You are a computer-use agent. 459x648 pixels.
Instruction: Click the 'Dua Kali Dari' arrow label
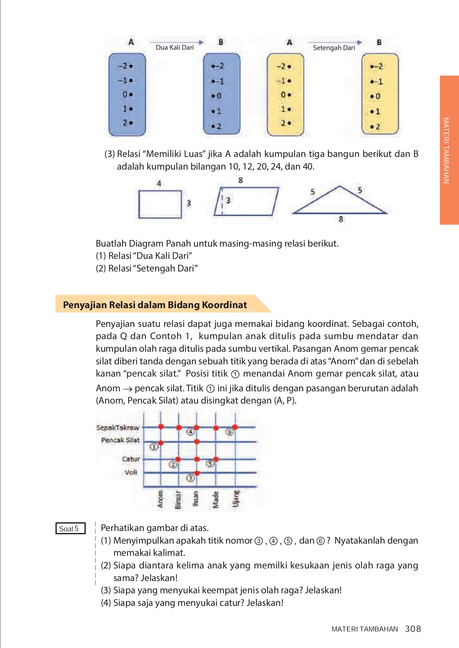[x=175, y=48]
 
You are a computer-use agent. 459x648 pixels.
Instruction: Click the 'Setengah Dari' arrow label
[x=334, y=48]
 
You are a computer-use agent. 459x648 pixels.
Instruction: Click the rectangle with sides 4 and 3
[x=160, y=204]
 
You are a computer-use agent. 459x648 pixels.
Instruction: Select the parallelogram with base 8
[x=247, y=201]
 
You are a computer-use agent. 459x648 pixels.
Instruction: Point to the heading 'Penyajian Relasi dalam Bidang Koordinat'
[x=155, y=305]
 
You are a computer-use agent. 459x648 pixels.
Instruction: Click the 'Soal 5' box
[x=70, y=528]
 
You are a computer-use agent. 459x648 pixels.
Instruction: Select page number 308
[x=413, y=629]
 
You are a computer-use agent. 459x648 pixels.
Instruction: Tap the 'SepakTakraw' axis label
[x=118, y=428]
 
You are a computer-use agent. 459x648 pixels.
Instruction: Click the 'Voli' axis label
[x=131, y=472]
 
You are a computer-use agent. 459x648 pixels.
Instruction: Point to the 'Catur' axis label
[x=131, y=459]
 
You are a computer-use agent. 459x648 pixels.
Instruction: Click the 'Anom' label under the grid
[x=160, y=500]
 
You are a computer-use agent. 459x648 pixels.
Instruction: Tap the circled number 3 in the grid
[x=190, y=478]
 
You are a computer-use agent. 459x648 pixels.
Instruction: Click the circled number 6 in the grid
[x=229, y=431]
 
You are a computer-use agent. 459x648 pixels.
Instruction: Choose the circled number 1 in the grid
[x=154, y=447]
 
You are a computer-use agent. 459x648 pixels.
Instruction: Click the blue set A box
[x=127, y=95]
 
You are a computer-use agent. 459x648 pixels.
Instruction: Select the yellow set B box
[x=380, y=94]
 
